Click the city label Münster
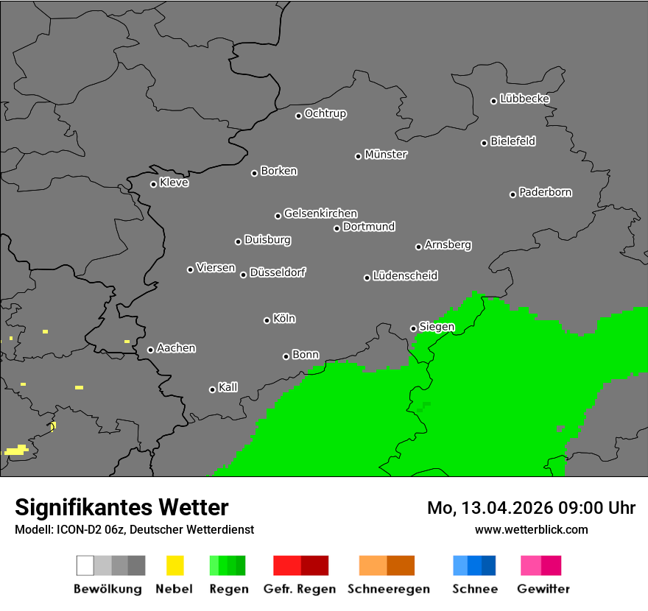click(386, 155)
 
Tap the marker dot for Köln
click(267, 320)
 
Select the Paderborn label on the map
click(545, 192)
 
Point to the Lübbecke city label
click(524, 99)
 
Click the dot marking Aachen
click(150, 350)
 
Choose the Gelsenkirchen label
click(320, 213)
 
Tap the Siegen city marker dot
click(413, 328)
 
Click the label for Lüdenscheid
click(405, 276)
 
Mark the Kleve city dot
click(153, 184)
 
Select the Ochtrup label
click(325, 113)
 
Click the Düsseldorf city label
click(278, 272)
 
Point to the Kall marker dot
click(212, 389)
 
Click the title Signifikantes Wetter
click(121, 507)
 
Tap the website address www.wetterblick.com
click(531, 529)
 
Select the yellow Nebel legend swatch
click(175, 565)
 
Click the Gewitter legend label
click(543, 589)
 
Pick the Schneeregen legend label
click(387, 589)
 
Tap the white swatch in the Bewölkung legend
click(85, 565)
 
